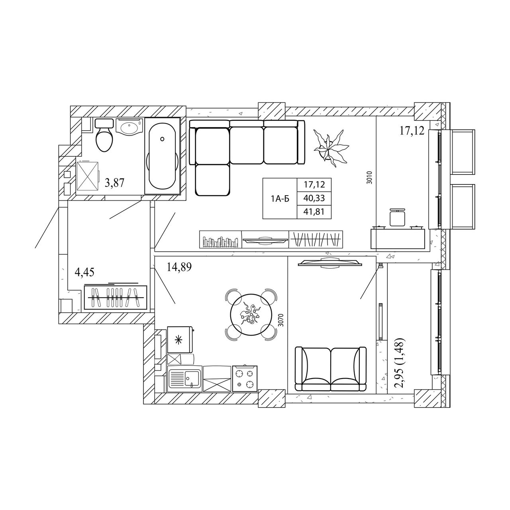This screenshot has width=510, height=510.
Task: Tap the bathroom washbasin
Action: tap(129, 127)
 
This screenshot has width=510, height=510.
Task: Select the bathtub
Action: tap(162, 156)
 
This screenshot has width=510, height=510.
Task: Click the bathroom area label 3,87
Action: tap(115, 182)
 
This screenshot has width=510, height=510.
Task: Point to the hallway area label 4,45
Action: tap(84, 272)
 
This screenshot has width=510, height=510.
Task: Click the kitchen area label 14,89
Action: tap(179, 267)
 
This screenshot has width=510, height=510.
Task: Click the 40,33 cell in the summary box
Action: tap(314, 198)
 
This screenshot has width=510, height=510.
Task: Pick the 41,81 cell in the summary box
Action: tap(314, 212)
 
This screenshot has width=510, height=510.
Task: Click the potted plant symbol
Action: tap(331, 148)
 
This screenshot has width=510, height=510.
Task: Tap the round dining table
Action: tap(250, 315)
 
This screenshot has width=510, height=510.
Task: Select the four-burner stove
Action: tap(245, 379)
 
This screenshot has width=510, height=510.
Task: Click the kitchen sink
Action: tap(185, 379)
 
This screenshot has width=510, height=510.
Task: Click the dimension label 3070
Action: tap(281, 320)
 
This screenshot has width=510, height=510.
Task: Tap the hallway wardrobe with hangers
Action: tap(116, 297)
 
